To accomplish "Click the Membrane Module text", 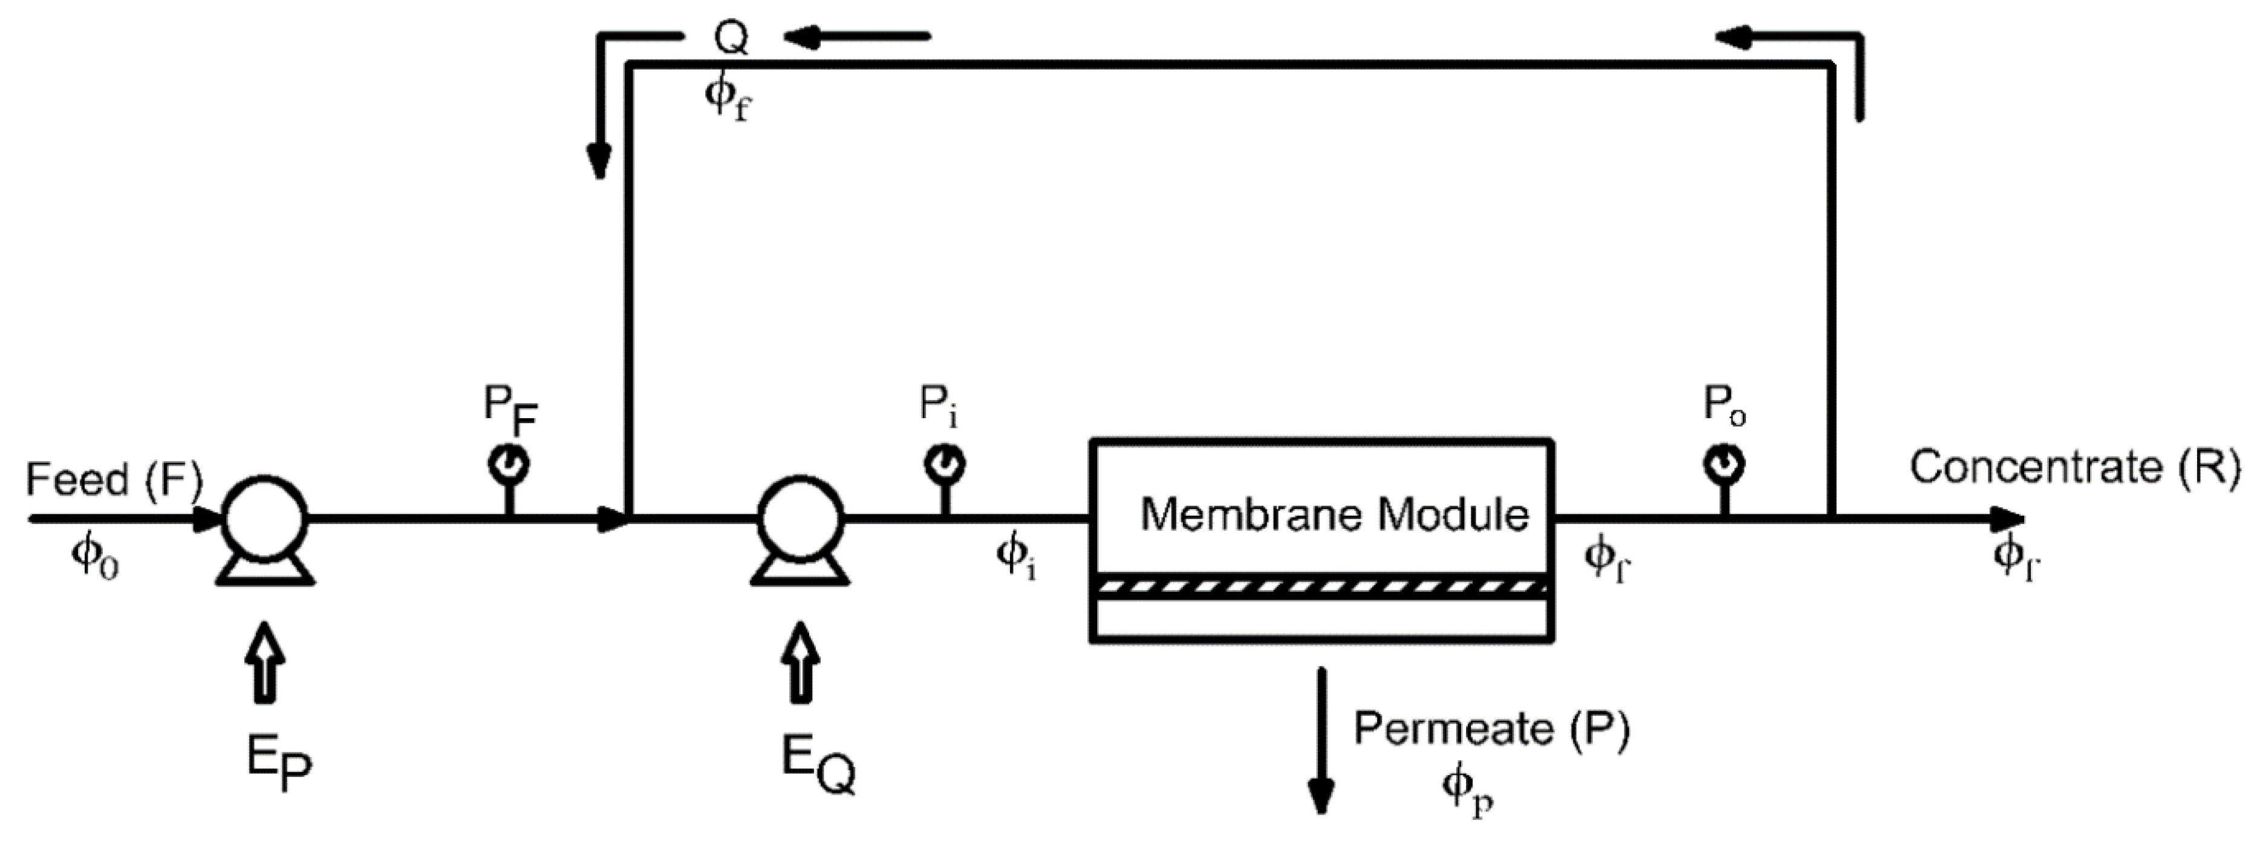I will tap(1334, 514).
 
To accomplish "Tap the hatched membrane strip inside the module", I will tap(1321, 586).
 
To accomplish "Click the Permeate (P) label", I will tap(1491, 729).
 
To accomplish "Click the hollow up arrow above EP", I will tap(265, 662).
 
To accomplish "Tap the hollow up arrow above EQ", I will tap(800, 662).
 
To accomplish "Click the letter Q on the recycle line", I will tap(731, 38).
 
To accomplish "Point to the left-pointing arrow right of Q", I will tap(857, 37).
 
